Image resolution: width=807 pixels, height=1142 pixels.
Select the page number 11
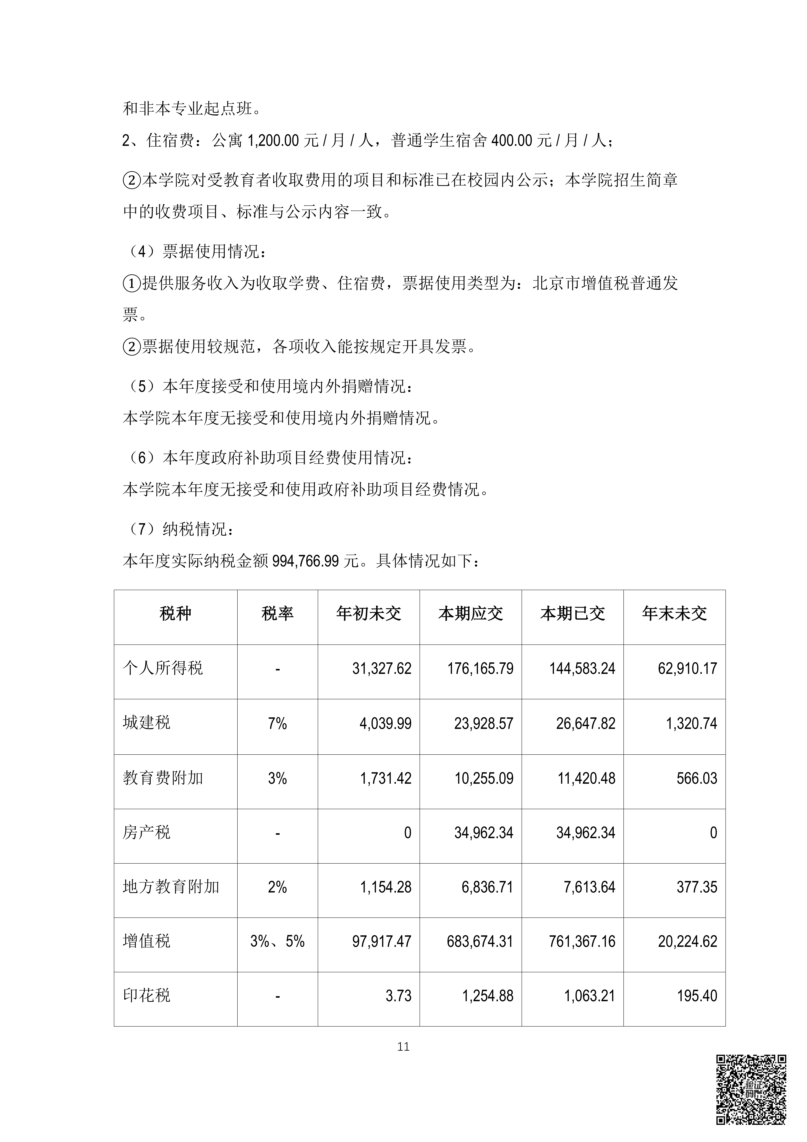(403, 1047)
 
